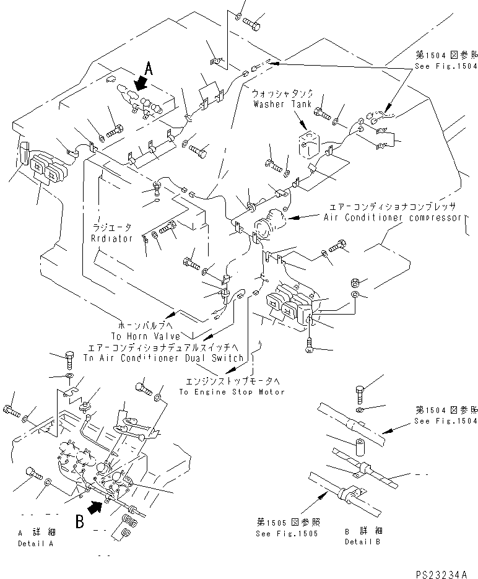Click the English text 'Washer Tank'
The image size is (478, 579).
(278, 104)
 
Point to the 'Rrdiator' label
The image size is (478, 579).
(112, 239)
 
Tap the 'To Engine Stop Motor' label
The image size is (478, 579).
(232, 391)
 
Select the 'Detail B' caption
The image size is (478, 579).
(362, 542)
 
